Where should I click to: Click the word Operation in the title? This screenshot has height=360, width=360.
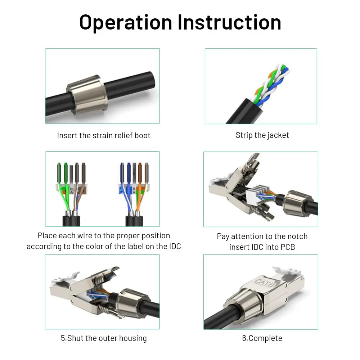[126, 22]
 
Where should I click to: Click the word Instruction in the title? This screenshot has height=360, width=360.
[229, 22]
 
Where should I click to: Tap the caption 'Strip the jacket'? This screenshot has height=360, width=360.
[262, 135]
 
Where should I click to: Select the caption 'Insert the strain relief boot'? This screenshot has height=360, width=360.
[104, 135]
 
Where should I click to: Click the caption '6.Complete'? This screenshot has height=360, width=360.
[262, 338]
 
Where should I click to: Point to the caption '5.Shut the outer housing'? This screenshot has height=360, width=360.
[104, 338]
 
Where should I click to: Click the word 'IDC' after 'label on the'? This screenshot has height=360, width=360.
[174, 247]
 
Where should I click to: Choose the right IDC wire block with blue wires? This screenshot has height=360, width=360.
[134, 189]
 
